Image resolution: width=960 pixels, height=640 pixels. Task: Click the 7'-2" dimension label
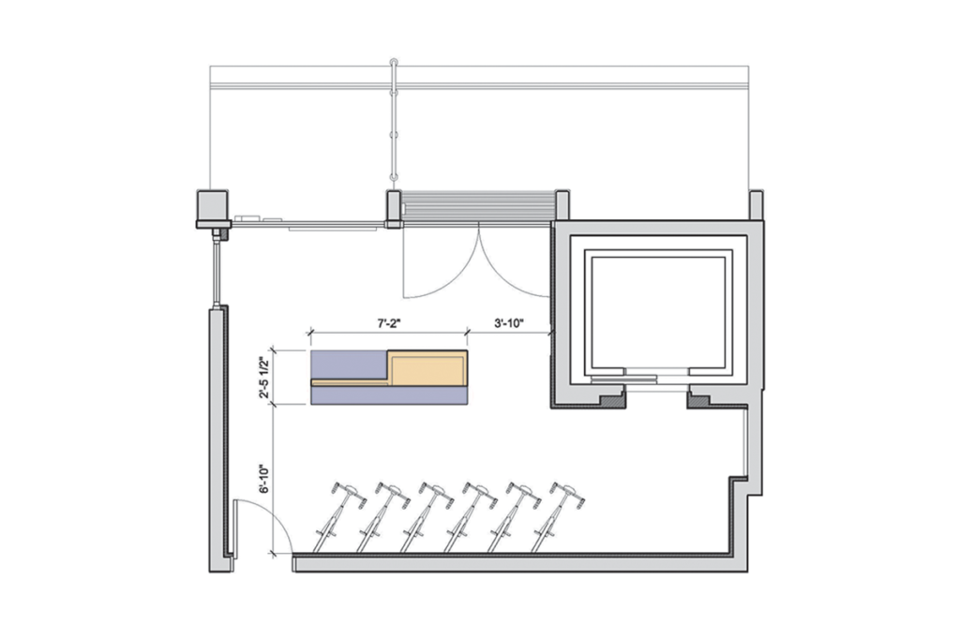coord(387,323)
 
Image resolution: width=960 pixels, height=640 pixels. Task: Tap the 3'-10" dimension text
coord(509,323)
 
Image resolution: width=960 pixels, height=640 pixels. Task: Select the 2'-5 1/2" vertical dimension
coord(264,378)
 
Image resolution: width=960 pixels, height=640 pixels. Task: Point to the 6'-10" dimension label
coord(264,479)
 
